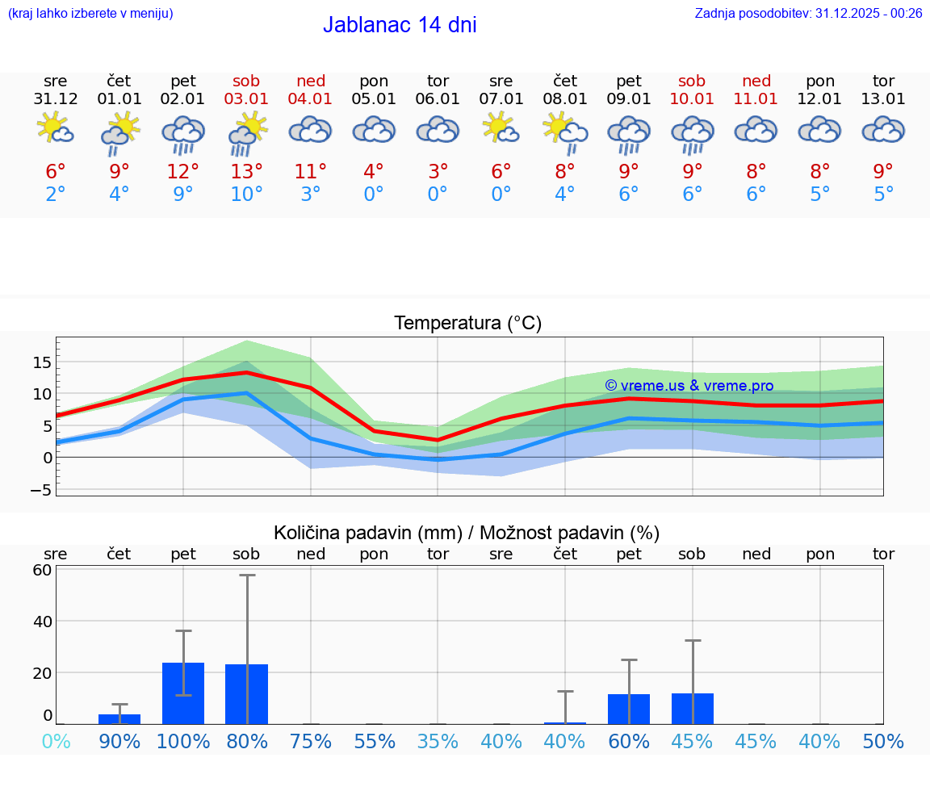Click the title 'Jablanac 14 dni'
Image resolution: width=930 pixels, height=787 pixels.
(400, 25)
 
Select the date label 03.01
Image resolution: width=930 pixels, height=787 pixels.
(246, 99)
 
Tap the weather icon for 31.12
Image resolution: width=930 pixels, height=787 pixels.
(56, 130)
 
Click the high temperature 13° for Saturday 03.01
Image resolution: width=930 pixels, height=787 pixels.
(246, 171)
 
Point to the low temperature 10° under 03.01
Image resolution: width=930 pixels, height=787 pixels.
(246, 195)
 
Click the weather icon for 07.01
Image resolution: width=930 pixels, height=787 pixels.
(501, 130)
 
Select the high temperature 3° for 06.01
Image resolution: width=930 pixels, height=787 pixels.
(438, 171)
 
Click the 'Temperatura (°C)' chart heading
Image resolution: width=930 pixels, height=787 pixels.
(467, 324)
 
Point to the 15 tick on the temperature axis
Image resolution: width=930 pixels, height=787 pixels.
(42, 362)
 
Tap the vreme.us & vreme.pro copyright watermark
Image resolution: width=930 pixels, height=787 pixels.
(689, 386)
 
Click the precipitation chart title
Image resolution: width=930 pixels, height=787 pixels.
(467, 533)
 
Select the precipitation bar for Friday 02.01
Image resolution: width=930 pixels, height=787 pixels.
(183, 693)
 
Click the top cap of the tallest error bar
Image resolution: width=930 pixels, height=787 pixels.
(247, 576)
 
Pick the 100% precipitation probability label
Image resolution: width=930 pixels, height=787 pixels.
(183, 742)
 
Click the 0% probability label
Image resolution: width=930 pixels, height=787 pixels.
(56, 742)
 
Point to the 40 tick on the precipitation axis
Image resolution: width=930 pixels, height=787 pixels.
(42, 622)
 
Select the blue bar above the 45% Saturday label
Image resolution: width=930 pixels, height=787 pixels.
(692, 709)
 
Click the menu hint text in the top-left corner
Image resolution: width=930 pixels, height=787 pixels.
(90, 13)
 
